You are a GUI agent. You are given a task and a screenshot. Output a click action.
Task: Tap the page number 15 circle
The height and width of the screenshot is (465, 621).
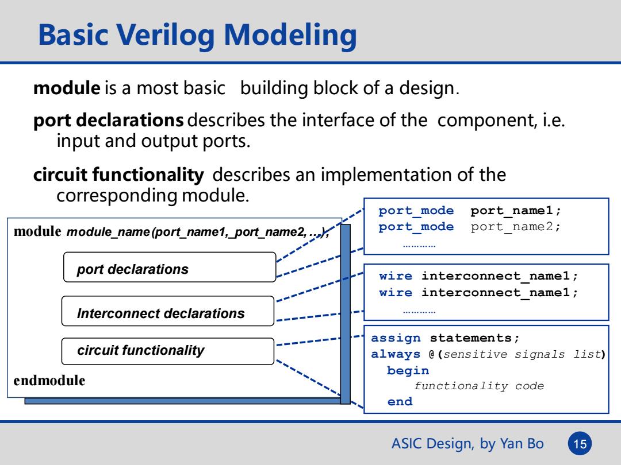(580, 444)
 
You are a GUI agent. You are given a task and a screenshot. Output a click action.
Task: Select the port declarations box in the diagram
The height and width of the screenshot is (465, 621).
(170, 268)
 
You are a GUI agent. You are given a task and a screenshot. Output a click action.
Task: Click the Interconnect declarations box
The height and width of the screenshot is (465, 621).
(168, 311)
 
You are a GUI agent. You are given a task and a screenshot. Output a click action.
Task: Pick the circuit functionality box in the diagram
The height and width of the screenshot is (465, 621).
(168, 351)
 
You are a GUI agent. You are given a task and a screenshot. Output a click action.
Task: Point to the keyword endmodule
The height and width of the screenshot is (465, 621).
(49, 381)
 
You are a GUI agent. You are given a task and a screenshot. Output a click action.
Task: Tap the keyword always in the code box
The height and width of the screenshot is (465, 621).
(396, 354)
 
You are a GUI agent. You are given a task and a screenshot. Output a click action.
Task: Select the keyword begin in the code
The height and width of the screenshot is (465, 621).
(408, 370)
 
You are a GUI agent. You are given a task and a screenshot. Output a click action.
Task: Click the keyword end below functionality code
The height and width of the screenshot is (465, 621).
(400, 402)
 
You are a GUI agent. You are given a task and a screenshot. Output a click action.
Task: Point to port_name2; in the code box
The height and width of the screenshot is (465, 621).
(516, 227)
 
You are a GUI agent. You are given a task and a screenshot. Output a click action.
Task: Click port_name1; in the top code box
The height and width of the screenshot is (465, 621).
(516, 211)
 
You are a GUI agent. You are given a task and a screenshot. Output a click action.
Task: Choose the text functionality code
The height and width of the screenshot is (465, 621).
(479, 386)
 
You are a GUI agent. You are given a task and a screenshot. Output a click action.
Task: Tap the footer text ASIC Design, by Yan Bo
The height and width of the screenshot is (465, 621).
(467, 444)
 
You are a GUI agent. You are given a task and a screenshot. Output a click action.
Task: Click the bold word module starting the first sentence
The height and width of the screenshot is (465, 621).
(67, 88)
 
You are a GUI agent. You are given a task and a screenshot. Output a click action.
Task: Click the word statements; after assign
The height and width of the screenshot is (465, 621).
(474, 338)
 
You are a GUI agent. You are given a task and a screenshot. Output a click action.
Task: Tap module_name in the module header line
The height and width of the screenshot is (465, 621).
(108, 232)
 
